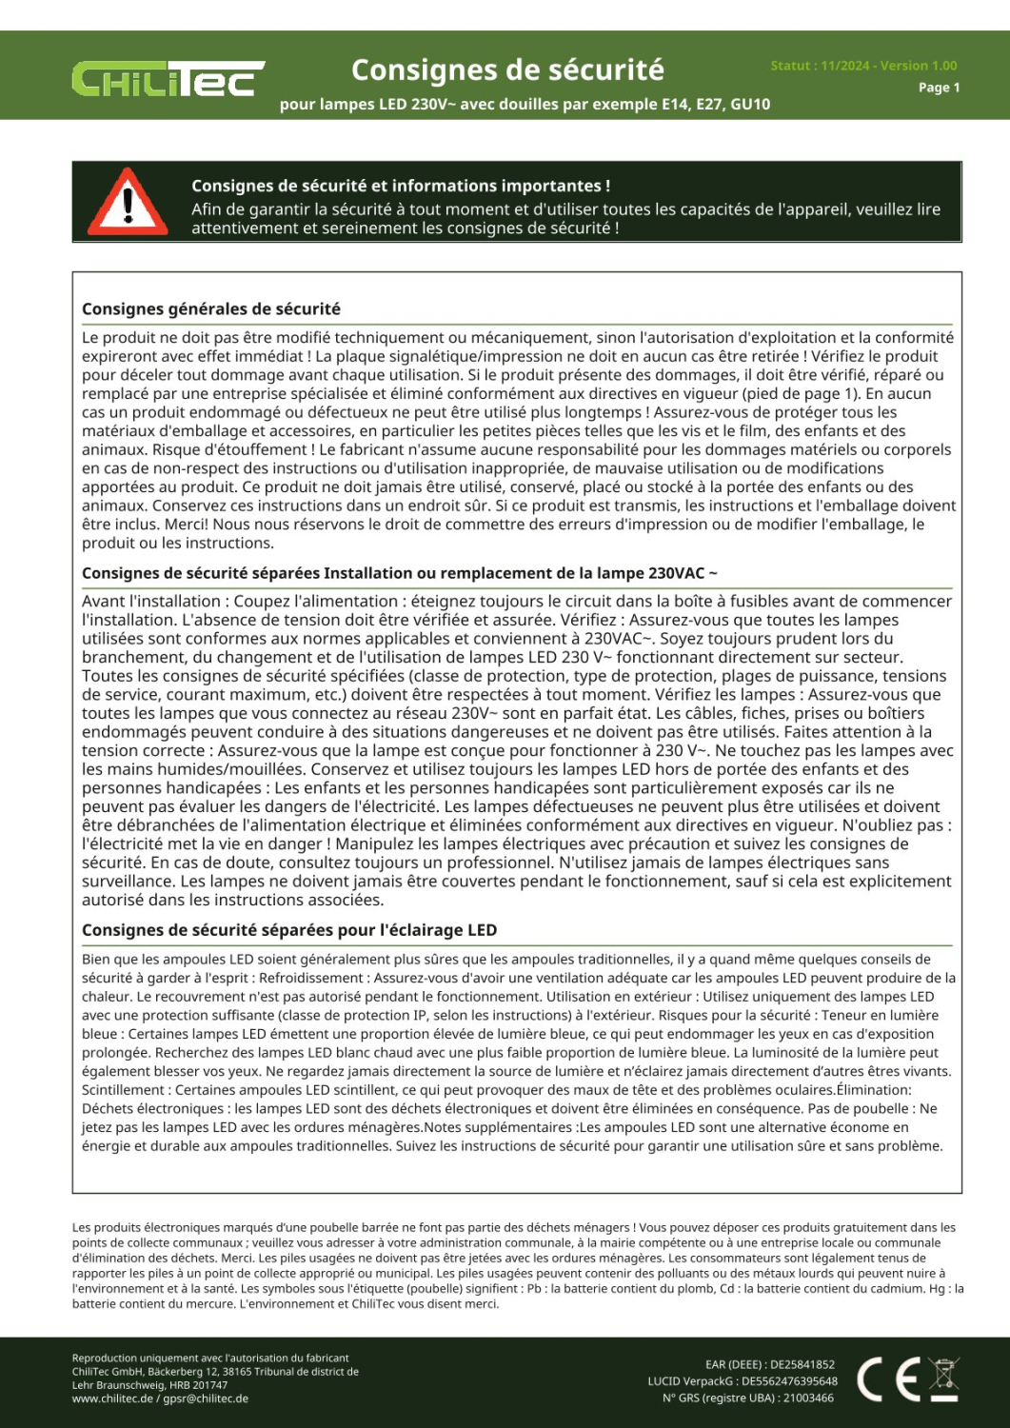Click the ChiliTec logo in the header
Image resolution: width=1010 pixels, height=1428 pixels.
click(x=168, y=79)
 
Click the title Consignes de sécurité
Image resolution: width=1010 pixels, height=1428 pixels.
click(x=507, y=69)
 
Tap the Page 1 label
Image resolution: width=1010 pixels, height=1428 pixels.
click(x=939, y=88)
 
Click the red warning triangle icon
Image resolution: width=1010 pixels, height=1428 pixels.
click(x=128, y=202)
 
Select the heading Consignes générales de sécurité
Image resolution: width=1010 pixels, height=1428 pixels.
click(x=211, y=309)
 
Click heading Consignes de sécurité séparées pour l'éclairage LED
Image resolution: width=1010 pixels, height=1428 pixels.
click(x=289, y=930)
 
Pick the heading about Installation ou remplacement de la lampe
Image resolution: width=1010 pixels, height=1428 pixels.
click(x=400, y=573)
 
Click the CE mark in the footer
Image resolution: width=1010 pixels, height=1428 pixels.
click(x=888, y=1379)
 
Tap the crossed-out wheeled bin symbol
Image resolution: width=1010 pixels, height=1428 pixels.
click(x=943, y=1379)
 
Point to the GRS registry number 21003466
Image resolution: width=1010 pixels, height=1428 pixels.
click(x=808, y=1398)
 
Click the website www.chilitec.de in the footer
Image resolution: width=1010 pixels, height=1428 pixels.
click(x=112, y=1399)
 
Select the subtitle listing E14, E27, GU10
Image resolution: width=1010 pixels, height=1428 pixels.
click(x=525, y=104)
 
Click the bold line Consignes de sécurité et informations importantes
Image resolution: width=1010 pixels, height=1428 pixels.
click(x=401, y=186)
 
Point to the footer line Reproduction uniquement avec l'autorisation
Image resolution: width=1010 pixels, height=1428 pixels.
click(x=210, y=1359)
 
